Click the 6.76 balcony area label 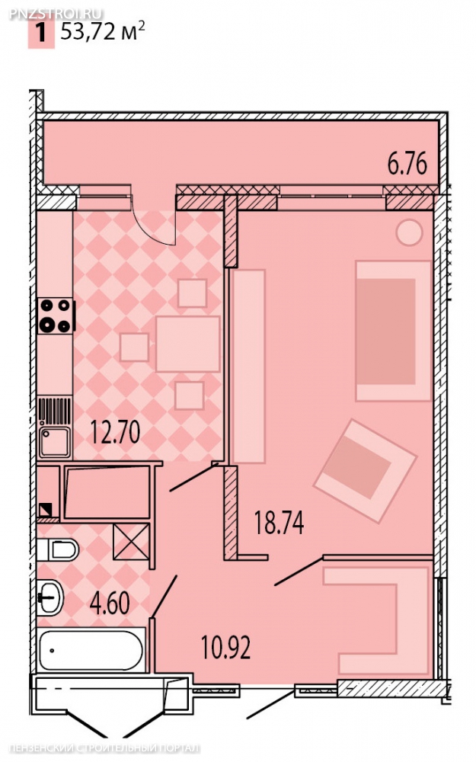pyautogui.click(x=407, y=163)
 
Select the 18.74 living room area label pyautogui.click(x=280, y=523)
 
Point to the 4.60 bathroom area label pyautogui.click(x=110, y=603)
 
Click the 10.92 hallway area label pyautogui.click(x=226, y=647)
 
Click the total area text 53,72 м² pyautogui.click(x=103, y=32)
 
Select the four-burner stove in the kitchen pyautogui.click(x=56, y=315)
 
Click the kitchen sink pyautogui.click(x=54, y=441)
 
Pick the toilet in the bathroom pyautogui.click(x=58, y=549)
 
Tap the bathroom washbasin pyautogui.click(x=50, y=597)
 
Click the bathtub pyautogui.click(x=91, y=650)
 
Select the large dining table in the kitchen pyautogui.click(x=188, y=344)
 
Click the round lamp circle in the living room pyautogui.click(x=409, y=232)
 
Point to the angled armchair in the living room pyautogui.click(x=366, y=471)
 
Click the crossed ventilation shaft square pyautogui.click(x=131, y=542)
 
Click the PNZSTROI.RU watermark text pyautogui.click(x=56, y=13)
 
